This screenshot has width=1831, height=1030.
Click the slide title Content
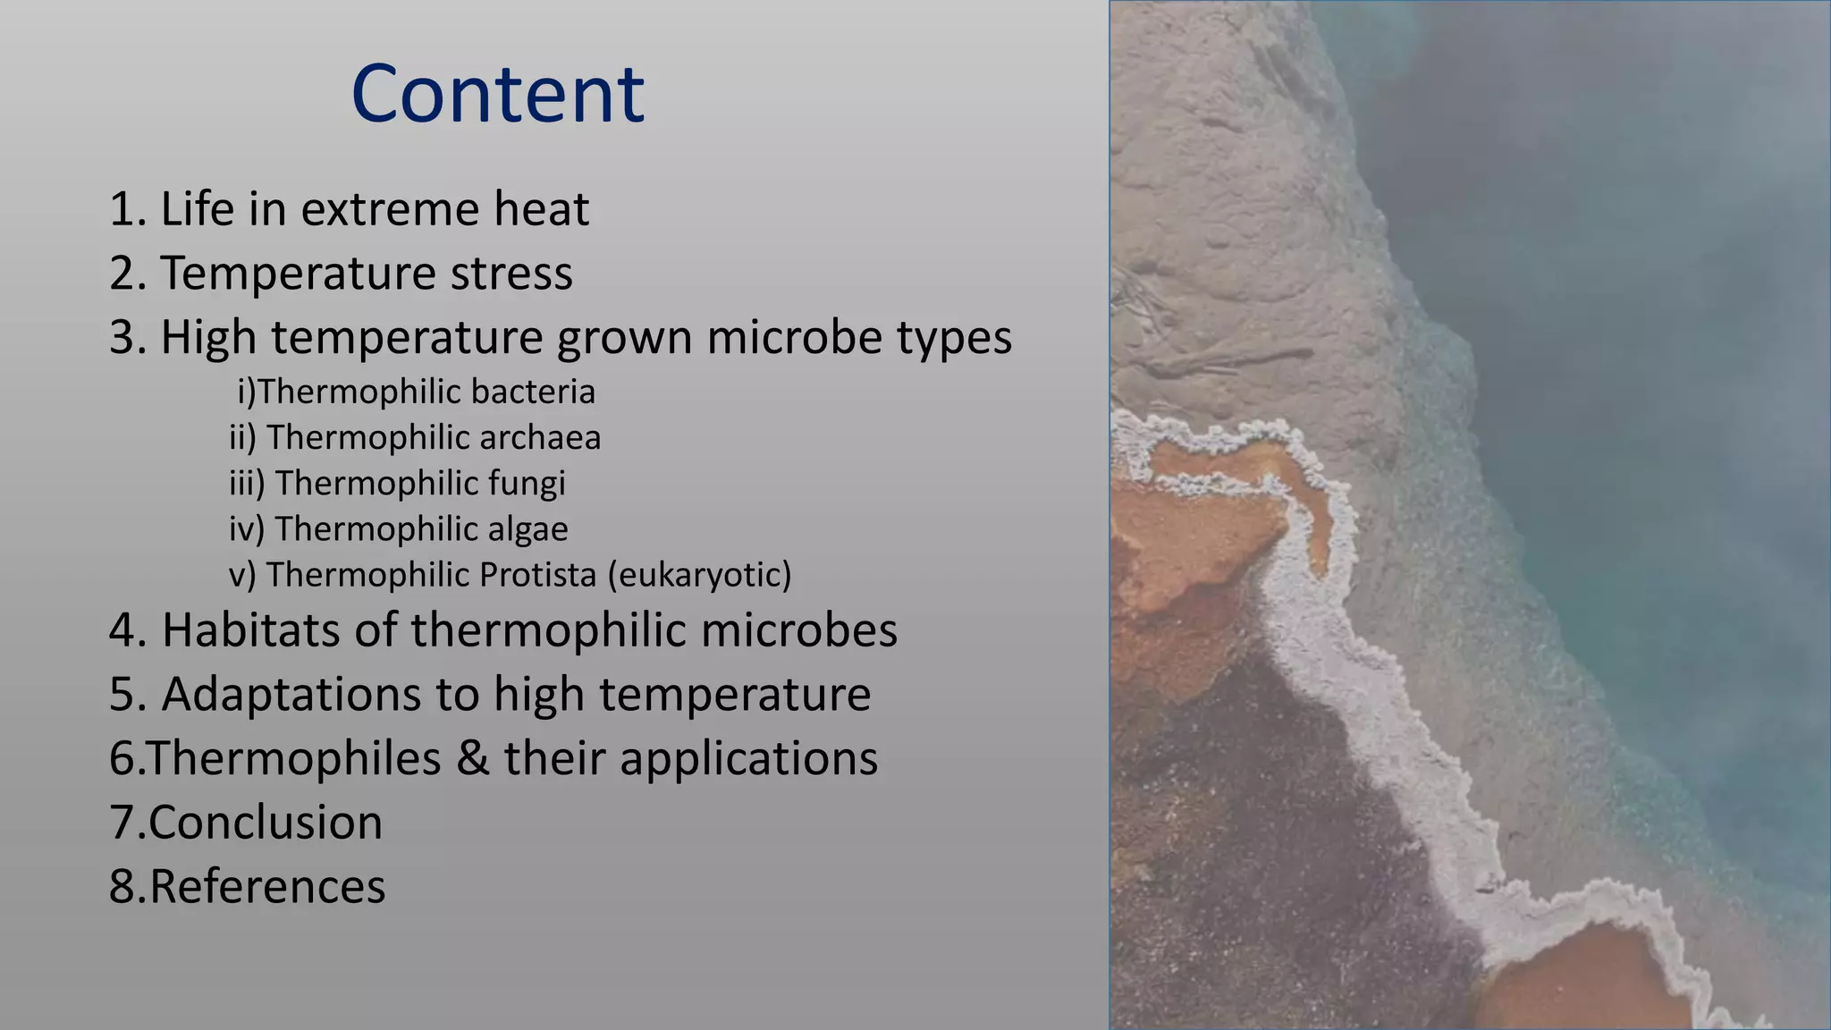[497, 94]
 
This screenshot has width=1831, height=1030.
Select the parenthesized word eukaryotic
[700, 574]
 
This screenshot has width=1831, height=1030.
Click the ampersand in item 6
[471, 759]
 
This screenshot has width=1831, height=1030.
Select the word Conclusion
[266, 823]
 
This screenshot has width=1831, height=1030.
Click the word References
[266, 887]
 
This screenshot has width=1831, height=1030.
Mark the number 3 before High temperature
[122, 338]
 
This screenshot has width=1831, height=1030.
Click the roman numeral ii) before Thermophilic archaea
[242, 437]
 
